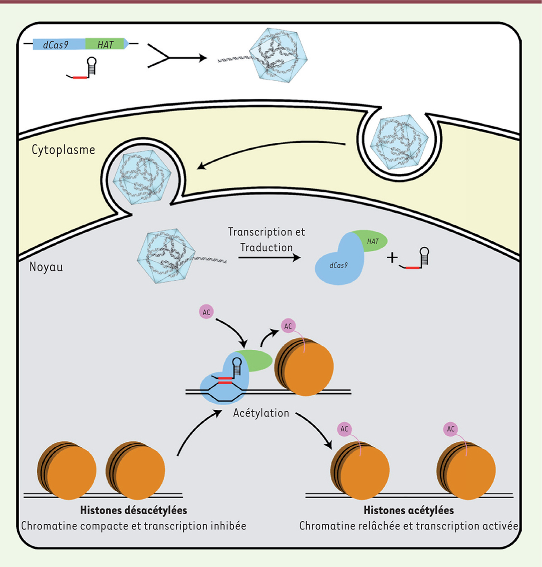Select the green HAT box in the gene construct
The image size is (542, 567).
pos(105,44)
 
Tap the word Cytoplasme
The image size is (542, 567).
pos(63,150)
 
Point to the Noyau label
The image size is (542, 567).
pos(46,267)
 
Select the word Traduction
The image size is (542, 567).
pos(266,248)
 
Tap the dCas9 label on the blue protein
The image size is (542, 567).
pos(338,265)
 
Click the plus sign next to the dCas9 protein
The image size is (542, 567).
pos(392,258)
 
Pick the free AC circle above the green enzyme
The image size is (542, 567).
pos(207,312)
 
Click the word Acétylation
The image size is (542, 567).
pos(261,413)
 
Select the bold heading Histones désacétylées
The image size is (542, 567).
pos(133,510)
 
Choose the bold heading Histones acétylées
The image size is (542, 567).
pos(409,510)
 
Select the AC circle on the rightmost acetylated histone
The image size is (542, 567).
pos(450,429)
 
